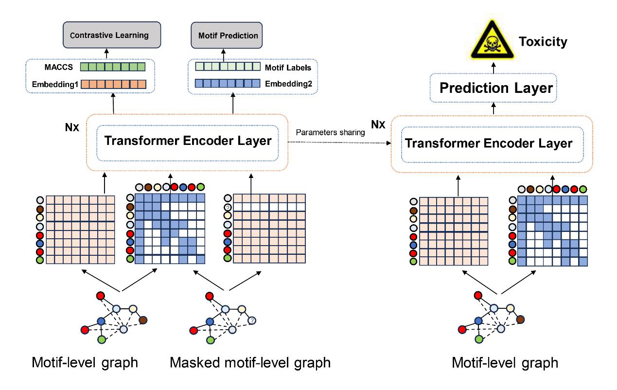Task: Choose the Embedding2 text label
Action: [x=288, y=84]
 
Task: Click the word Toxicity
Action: [x=543, y=42]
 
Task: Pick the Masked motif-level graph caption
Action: [x=250, y=362]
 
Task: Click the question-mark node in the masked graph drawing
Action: [x=252, y=320]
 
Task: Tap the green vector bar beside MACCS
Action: [x=113, y=67]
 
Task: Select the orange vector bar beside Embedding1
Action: [x=113, y=84]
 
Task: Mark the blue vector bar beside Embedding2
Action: [x=228, y=84]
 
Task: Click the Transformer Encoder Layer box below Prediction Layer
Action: [x=493, y=143]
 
